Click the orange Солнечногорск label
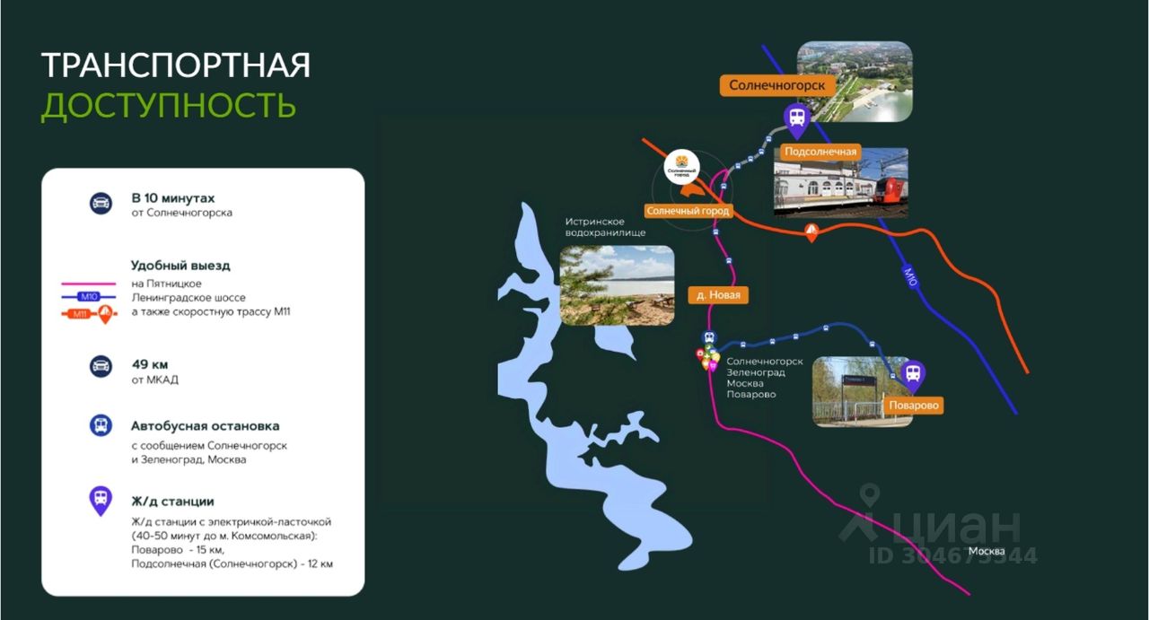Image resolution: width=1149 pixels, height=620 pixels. [x=777, y=85]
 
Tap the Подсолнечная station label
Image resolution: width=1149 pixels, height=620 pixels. [x=820, y=152]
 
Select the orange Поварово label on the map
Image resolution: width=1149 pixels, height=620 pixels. [x=914, y=406]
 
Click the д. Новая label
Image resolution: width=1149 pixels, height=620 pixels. [x=718, y=295]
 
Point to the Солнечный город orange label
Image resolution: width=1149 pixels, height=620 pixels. [x=688, y=211]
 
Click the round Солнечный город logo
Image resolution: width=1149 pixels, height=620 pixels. [x=681, y=167]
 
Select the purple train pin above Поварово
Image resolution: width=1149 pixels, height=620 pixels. [x=913, y=376]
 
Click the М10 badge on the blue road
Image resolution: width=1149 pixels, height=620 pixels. [x=910, y=277]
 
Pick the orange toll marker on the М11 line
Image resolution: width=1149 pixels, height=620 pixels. [x=811, y=232]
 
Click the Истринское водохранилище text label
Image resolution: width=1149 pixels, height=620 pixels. [x=605, y=227]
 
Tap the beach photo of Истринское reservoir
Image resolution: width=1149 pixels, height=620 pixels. [x=617, y=285]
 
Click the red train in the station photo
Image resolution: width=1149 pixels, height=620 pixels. [x=890, y=192]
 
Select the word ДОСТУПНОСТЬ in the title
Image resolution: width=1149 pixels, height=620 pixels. [x=169, y=106]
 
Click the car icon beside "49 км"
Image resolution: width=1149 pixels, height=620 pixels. [x=101, y=366]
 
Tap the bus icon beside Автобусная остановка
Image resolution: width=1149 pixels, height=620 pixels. [x=101, y=425]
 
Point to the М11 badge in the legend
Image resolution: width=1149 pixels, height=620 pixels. [x=80, y=314]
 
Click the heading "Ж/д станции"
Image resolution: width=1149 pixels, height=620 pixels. [x=172, y=502]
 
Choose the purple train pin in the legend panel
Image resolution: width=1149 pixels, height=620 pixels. [x=101, y=501]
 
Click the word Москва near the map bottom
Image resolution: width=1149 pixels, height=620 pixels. [x=987, y=551]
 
